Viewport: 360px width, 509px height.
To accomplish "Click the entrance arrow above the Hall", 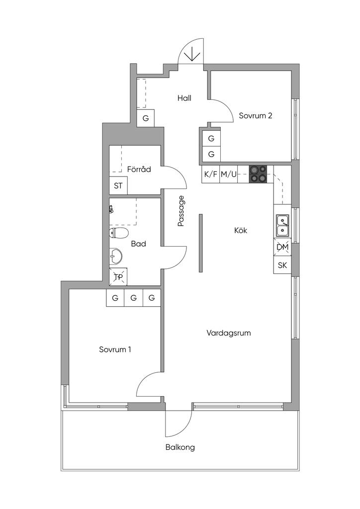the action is (192, 54).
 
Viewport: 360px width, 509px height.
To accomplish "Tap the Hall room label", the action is (184, 98).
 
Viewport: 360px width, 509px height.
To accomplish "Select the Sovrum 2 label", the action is (256, 115).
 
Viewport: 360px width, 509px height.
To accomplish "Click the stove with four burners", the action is (258, 173).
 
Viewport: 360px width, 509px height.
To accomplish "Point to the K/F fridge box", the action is (211, 174).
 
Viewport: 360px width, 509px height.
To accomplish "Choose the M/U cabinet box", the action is (229, 174).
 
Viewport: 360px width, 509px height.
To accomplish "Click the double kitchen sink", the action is (282, 226).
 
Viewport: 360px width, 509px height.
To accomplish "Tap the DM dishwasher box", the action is (282, 248).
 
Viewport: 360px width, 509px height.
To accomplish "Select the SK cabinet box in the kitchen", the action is (282, 265).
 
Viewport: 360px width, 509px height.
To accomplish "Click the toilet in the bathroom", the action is (118, 233).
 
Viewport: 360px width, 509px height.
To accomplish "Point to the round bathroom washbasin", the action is (115, 256).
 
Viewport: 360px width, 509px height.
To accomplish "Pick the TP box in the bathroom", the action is (118, 277).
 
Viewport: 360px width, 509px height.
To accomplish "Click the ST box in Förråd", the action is (118, 186).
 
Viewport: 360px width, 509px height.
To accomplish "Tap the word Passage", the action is (181, 211).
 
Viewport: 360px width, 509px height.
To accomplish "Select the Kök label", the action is (241, 231).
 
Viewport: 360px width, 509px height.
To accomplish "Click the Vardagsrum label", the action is (229, 333).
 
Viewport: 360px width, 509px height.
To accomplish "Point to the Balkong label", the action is (180, 447).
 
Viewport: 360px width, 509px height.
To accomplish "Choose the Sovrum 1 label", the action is (115, 349).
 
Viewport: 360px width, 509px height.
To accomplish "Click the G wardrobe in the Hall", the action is (146, 118).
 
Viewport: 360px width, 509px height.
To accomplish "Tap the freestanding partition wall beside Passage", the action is (201, 243).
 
